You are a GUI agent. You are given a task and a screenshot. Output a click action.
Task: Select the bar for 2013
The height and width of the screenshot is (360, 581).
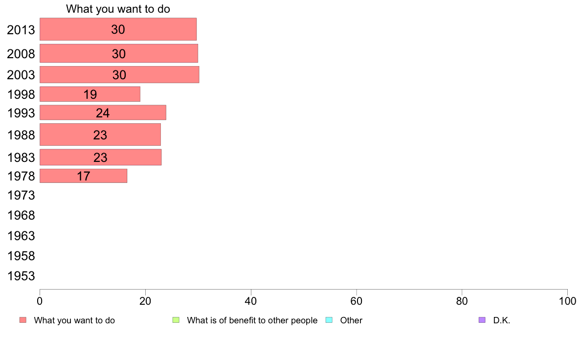(118, 29)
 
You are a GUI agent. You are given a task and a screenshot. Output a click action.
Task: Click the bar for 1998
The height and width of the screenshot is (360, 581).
(90, 94)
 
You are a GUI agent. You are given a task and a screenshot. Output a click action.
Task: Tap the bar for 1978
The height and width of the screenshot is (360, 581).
(83, 176)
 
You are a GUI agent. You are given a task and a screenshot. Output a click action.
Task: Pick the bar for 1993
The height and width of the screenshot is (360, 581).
(103, 112)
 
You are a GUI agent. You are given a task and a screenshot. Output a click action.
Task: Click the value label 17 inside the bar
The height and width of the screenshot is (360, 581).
(84, 176)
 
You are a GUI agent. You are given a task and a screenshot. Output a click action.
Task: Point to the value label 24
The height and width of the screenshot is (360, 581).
(103, 113)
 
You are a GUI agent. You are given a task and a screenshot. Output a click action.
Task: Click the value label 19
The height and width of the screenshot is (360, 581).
(90, 94)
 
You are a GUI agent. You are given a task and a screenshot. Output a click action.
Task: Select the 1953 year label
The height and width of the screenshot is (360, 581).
(21, 276)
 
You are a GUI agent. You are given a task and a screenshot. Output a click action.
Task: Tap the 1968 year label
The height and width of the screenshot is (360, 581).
(21, 215)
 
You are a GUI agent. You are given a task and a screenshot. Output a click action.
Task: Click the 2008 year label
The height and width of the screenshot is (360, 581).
(21, 54)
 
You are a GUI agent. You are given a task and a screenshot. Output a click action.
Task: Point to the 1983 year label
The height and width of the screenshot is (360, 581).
(21, 157)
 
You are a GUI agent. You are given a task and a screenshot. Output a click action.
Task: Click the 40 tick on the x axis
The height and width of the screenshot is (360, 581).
(251, 300)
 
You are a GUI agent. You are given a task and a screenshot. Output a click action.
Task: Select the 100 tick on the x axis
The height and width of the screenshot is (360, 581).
(567, 300)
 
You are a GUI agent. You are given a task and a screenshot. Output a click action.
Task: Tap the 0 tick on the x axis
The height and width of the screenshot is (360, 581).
(40, 300)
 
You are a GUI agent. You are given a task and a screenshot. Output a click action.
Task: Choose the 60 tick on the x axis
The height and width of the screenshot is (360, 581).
(357, 300)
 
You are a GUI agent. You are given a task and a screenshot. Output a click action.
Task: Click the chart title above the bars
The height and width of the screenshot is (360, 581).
(118, 9)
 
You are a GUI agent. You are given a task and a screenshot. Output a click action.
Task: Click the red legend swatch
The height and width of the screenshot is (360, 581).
(23, 320)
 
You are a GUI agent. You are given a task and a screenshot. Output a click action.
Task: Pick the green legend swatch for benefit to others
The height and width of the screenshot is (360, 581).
(176, 320)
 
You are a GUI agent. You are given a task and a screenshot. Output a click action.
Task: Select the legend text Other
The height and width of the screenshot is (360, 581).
(351, 320)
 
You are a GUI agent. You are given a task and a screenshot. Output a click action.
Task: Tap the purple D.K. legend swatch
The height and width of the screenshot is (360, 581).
(482, 320)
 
